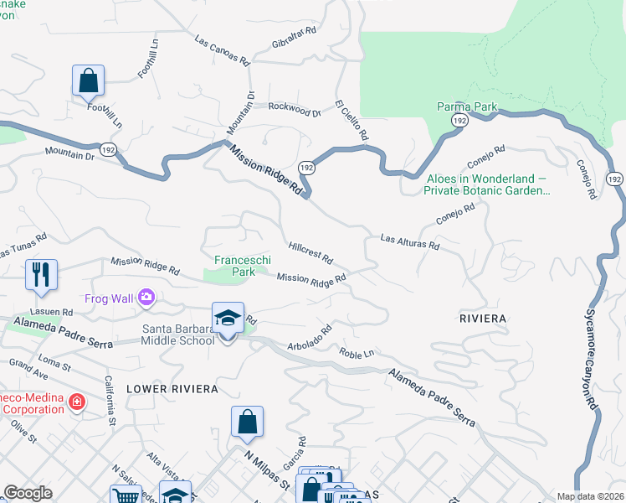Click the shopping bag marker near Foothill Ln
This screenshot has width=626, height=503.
[88, 82]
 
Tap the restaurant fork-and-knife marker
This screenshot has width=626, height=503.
[41, 275]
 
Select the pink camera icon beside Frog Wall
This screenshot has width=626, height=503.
[146, 297]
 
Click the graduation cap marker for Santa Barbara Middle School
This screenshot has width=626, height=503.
[228, 319]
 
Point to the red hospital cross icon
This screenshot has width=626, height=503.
[77, 402]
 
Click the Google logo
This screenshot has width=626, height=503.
[28, 493]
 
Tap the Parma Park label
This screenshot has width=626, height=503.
[467, 107]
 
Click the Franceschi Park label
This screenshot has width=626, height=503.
[235, 266]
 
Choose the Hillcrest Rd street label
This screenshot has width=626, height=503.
[310, 251]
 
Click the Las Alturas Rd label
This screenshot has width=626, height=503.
[409, 242]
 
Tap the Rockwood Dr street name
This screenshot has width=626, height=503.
[294, 109]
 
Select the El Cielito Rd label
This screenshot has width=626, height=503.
[352, 121]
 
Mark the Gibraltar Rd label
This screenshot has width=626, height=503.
[294, 38]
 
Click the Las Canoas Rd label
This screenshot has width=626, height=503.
[223, 51]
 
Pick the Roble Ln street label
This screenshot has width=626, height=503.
[357, 353]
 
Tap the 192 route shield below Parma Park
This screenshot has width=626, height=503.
[459, 122]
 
